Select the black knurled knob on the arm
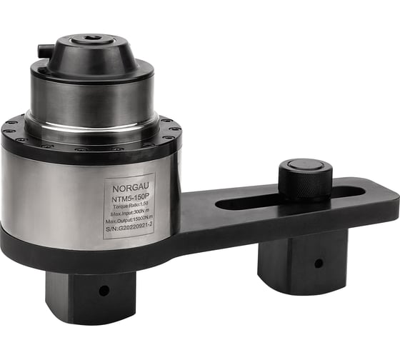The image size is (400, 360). pos(305,179)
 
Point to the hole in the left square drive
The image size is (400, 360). pos(104,291)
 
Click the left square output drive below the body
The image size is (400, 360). pos(89,293)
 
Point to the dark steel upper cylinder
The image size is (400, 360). pos(91,93)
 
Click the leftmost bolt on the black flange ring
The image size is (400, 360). pos(7,130)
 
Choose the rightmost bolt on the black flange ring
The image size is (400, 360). pos(176,130)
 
